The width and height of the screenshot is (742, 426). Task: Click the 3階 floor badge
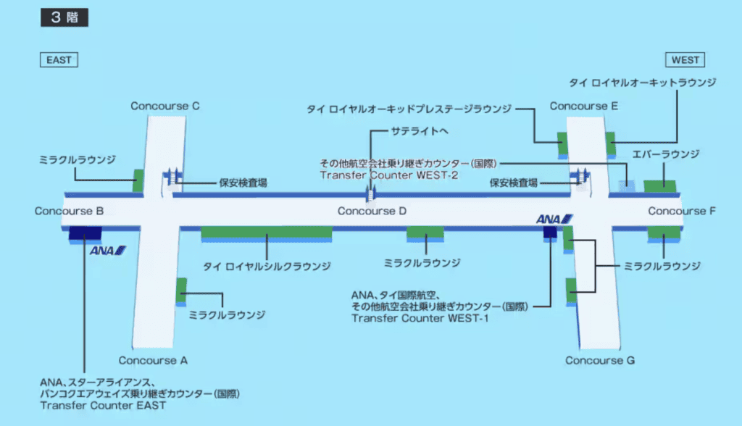(64, 17)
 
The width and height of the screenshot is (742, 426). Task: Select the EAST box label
(59, 60)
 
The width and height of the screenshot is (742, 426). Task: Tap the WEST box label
(684, 60)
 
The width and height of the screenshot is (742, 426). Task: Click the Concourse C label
(165, 106)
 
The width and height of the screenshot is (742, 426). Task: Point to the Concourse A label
(154, 360)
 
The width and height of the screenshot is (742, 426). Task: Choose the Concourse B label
(69, 212)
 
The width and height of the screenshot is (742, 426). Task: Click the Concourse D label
(372, 212)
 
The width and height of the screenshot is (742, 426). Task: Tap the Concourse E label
(584, 106)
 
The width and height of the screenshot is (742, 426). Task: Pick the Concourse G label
(601, 360)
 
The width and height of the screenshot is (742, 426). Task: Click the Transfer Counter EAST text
(104, 406)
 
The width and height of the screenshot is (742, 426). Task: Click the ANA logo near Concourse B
(108, 251)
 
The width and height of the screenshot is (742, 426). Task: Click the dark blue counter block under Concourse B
(85, 233)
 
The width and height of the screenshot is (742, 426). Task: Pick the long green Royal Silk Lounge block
(266, 233)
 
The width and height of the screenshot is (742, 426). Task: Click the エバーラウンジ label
(666, 154)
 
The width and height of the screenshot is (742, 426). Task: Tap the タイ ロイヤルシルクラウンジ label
(267, 266)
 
